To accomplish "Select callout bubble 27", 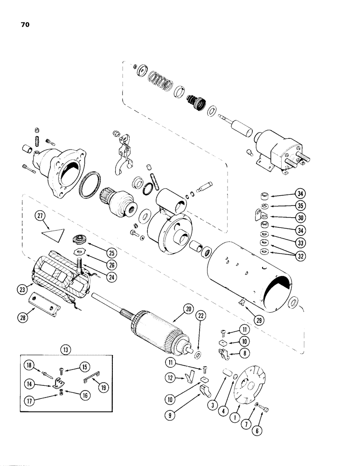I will coord(41,216).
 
